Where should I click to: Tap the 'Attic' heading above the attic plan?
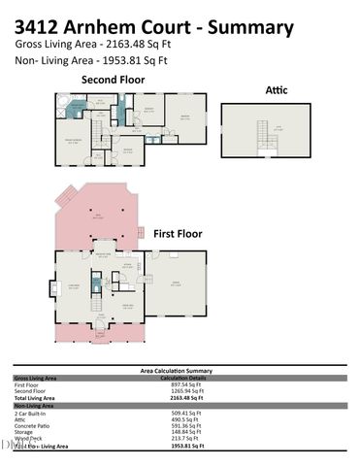(276, 90)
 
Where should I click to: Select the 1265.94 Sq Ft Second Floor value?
(187, 392)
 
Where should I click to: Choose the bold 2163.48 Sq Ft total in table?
(185, 399)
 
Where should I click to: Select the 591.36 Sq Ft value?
(183, 425)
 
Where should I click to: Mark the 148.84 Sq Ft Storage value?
(183, 432)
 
